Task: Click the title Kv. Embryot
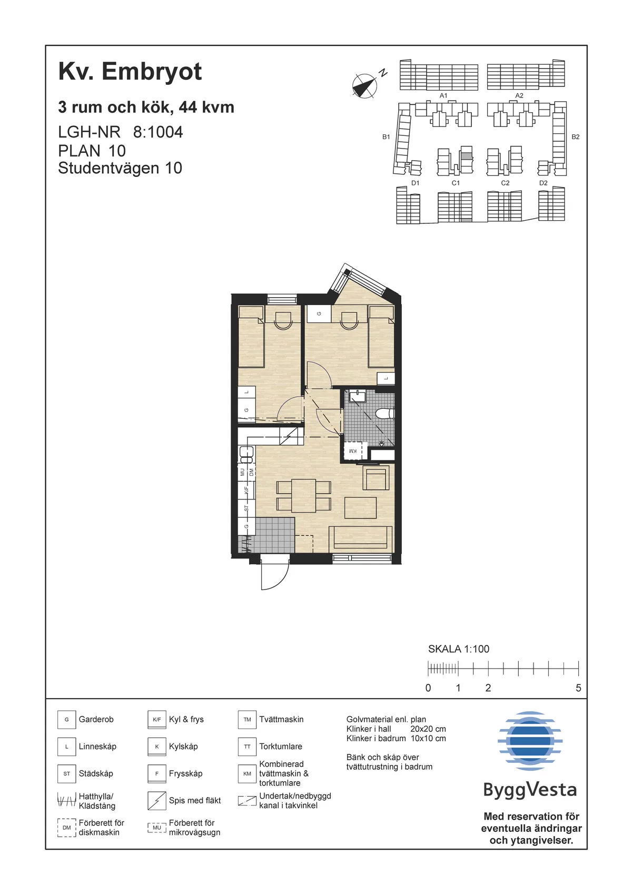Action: point(130,72)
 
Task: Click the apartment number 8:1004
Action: point(157,132)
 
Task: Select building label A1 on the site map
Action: point(443,96)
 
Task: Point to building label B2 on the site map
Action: point(575,137)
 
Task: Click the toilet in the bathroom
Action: point(386,414)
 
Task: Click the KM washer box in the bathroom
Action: point(352,451)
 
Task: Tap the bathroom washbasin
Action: point(358,396)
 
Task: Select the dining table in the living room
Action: point(303,495)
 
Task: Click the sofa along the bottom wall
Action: point(361,538)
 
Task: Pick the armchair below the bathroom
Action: point(376,478)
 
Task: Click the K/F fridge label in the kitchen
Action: point(246,489)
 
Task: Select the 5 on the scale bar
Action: point(578,688)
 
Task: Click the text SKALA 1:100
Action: point(458,649)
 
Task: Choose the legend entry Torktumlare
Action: point(280,746)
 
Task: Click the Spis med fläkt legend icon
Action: point(156,801)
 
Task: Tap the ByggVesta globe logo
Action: point(530,741)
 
